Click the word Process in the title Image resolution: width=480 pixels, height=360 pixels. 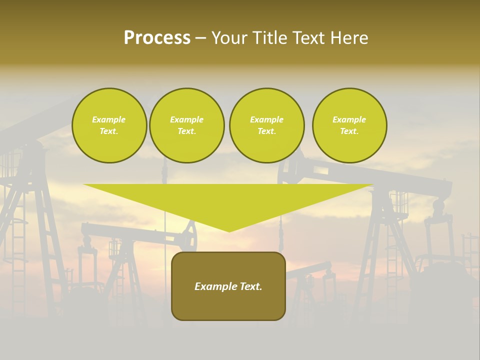coord(157,38)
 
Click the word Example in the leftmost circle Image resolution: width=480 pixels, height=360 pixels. coord(109,119)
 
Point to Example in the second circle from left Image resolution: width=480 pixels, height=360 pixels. coord(187,119)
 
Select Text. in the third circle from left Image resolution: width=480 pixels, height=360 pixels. coord(267,131)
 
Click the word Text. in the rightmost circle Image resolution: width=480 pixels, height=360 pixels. coord(349,131)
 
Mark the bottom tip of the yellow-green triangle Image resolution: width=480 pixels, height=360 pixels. coord(229,231)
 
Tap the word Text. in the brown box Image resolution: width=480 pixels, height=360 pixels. coord(250,286)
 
